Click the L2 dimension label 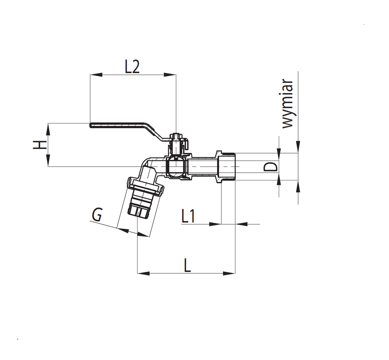tap(132, 67)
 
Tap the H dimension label tap(40, 144)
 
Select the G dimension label tap(97, 215)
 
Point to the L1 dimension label tap(188, 216)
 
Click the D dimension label tap(270, 167)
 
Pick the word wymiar tap(287, 104)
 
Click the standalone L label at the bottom tap(187, 265)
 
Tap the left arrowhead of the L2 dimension tap(96, 74)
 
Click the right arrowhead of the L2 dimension tap(170, 74)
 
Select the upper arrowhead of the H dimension tap(48, 129)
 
